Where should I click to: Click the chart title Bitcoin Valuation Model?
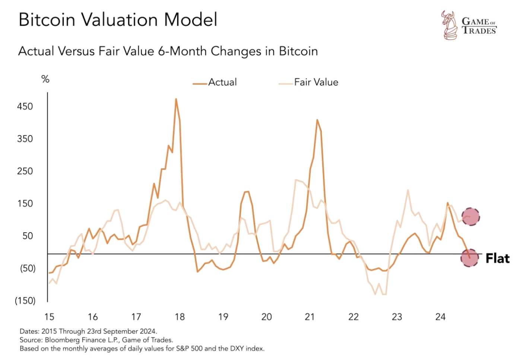pos(118,20)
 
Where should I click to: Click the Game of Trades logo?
pos(469,25)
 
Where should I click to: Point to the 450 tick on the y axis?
pos(25,106)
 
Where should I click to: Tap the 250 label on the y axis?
pos(25,171)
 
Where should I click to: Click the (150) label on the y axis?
pos(25,301)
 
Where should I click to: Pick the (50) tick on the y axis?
pos(28,268)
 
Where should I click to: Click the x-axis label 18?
pos(180,317)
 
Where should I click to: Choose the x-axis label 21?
pos(310,317)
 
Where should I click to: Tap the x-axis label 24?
pos(440,317)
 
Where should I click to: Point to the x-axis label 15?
pos(49,317)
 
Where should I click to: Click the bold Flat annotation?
pos(497,258)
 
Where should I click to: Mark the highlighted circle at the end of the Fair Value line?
pos(470,217)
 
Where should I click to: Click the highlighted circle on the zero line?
pos(469,258)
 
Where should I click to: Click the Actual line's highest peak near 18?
pos(176,99)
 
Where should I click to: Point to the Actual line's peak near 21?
pos(317,120)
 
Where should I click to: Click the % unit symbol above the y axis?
pos(45,79)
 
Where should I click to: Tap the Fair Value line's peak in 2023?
pos(408,190)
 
